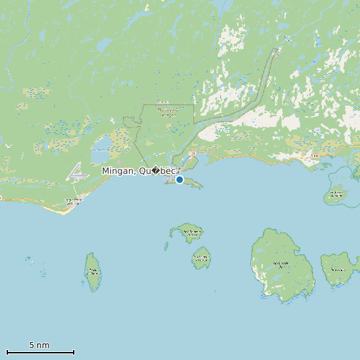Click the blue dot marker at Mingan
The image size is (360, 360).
179,179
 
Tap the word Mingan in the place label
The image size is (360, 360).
118,171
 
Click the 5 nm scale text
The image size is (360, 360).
39,345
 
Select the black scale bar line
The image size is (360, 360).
40,352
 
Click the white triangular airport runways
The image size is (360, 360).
78,171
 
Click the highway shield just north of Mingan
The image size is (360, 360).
193,154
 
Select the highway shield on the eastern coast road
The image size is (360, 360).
316,156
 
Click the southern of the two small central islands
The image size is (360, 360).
201,257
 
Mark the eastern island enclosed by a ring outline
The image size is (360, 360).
336,195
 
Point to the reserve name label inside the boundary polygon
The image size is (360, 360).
169,113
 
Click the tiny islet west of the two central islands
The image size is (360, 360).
166,246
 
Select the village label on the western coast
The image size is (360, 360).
72,200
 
